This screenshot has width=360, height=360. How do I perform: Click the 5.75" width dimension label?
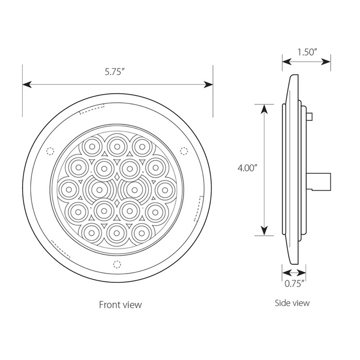pos(115,73)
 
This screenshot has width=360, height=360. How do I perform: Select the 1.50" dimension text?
pos(307,51)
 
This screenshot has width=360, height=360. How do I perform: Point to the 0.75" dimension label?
pos(295,282)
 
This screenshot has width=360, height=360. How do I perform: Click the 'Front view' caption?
pos(120,304)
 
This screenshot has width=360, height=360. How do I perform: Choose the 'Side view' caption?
pos(292,303)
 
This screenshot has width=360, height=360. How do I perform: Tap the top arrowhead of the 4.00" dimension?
pos(264,107)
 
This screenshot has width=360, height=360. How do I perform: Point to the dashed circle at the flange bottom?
pos(117,265)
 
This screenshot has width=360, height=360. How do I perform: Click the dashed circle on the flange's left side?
pos(50,151)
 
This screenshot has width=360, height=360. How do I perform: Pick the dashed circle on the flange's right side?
pos(184,150)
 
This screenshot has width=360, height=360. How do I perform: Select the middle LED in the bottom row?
pos(117,232)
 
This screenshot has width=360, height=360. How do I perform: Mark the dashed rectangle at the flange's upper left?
pos(92,109)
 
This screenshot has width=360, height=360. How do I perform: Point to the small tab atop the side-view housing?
pos(311,117)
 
